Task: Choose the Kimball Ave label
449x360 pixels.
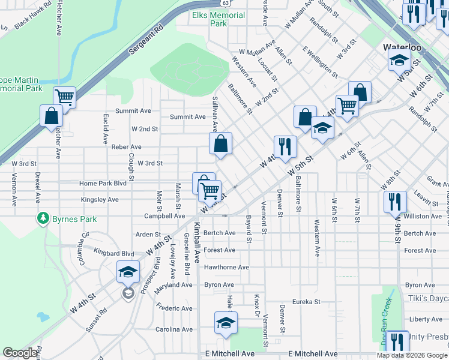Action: pyautogui.click(x=196, y=251)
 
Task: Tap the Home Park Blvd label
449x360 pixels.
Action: pyautogui.click(x=103, y=183)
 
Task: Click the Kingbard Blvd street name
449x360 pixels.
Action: pyautogui.click(x=114, y=254)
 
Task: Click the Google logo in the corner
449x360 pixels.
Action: pyautogui.click(x=20, y=353)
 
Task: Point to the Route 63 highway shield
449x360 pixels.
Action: pyautogui.click(x=238, y=3)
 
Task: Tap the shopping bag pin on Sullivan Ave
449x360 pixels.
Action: pyautogui.click(x=221, y=144)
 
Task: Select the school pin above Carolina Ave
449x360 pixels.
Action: pyautogui.click(x=226, y=323)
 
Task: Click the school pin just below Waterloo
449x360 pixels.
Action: pyautogui.click(x=399, y=61)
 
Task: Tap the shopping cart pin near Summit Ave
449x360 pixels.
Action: pyautogui.click(x=65, y=97)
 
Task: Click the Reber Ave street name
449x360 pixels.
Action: pyautogui.click(x=126, y=147)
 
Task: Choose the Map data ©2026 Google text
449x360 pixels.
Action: pyautogui.click(x=411, y=355)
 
